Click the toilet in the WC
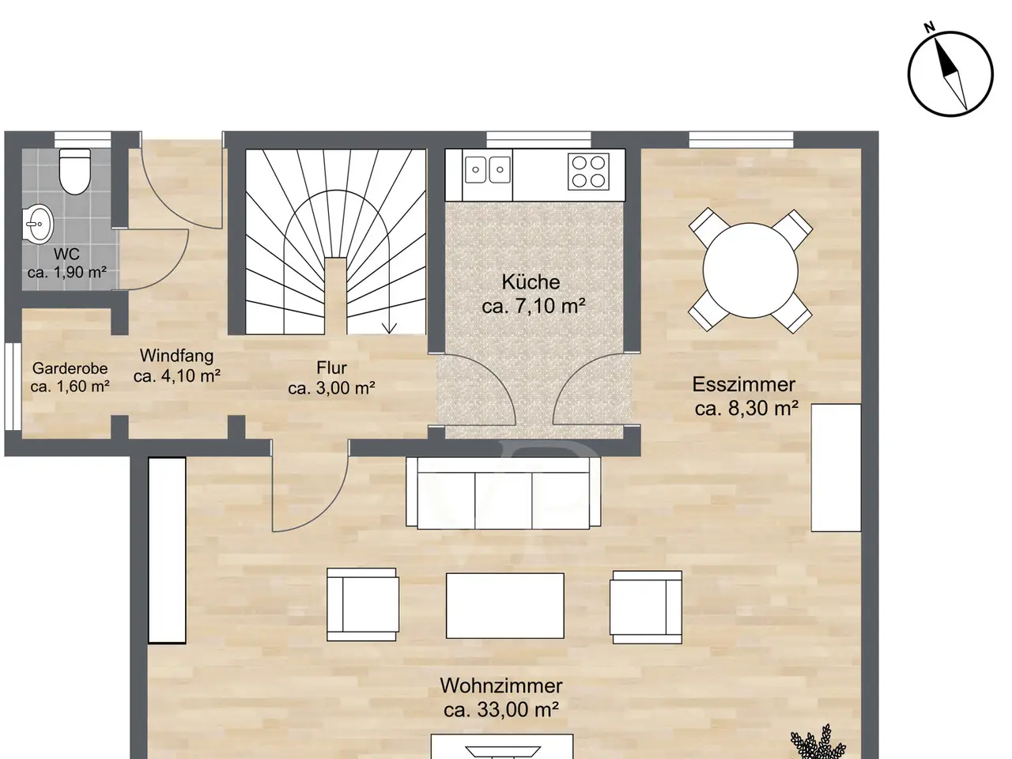74,171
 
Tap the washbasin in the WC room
38,225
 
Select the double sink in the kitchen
487,169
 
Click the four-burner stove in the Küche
588,172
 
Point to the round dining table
750,270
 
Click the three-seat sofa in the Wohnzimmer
503,493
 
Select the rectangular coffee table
505,606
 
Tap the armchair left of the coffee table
363,605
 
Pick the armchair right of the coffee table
646,607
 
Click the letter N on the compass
930,27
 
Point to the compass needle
950,74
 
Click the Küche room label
531,282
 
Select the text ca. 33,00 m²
501,709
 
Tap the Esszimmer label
744,384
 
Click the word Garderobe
70,368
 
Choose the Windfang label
176,355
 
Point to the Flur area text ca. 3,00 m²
331,388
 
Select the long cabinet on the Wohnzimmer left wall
167,550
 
